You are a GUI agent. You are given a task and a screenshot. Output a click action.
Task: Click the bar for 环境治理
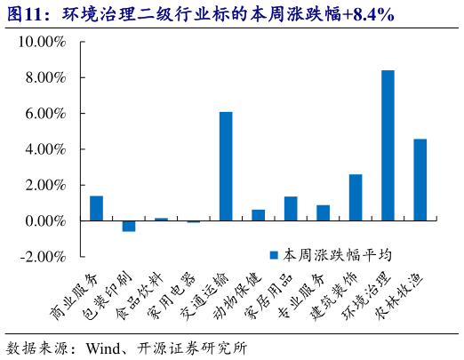point(388,145)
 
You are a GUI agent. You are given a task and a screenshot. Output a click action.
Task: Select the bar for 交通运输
point(226,166)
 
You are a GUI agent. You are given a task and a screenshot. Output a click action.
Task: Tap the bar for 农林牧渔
point(420,180)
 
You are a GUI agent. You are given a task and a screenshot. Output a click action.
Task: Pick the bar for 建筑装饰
point(356,197)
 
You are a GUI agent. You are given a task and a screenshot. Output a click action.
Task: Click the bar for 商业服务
point(96,208)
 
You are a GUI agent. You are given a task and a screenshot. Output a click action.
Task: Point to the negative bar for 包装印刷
point(129,226)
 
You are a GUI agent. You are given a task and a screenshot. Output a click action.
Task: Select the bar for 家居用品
point(291,209)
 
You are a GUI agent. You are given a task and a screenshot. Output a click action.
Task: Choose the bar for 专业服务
point(323,212)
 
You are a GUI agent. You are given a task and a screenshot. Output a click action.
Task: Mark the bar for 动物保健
point(258,215)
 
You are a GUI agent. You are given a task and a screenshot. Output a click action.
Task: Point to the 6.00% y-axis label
point(45,114)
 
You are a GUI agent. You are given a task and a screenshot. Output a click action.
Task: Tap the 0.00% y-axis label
point(45,220)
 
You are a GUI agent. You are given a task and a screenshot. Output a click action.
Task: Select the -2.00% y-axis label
point(44,256)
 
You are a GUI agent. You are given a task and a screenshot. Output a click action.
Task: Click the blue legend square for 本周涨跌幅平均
point(275,254)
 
